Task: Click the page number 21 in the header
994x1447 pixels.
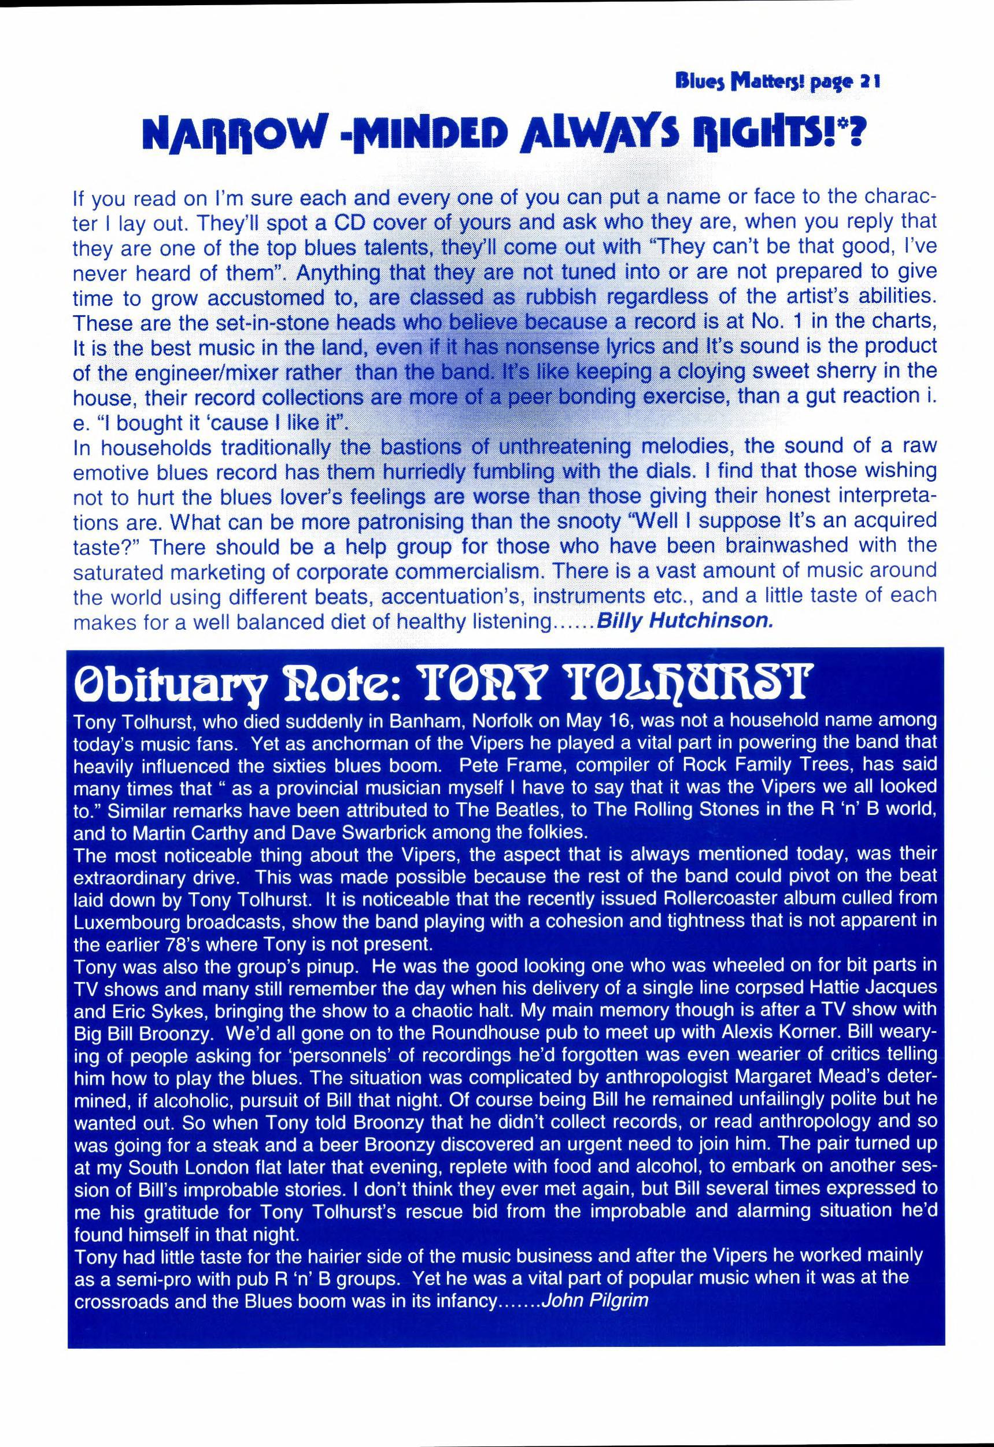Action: pyautogui.click(x=867, y=82)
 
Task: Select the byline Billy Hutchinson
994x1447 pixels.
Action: pyautogui.click(x=685, y=623)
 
